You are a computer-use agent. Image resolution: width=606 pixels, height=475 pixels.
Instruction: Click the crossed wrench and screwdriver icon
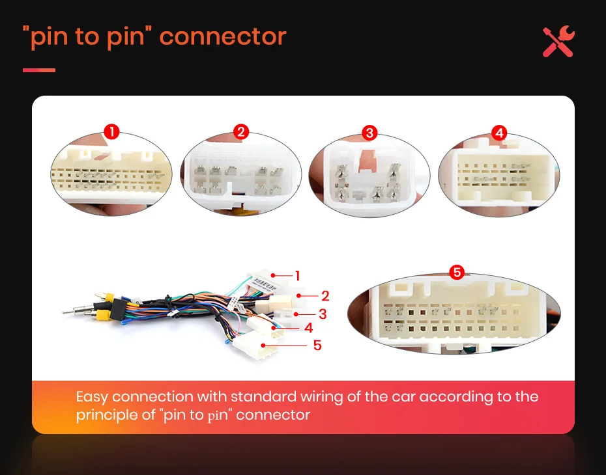[558, 42]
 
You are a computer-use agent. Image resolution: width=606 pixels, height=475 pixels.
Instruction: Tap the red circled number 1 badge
[112, 133]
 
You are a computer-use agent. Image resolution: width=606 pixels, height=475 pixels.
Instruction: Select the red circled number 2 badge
[241, 133]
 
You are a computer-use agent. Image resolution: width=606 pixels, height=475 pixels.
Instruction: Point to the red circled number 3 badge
[369, 133]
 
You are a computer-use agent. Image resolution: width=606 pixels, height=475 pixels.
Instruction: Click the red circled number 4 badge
[499, 133]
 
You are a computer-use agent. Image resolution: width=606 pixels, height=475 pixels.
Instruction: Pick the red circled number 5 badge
[457, 272]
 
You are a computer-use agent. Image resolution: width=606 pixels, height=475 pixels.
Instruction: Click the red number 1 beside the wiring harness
[298, 276]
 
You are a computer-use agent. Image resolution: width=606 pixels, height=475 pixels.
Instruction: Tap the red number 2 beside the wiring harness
[325, 296]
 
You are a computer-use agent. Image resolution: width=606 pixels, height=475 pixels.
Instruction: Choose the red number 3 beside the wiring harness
[321, 314]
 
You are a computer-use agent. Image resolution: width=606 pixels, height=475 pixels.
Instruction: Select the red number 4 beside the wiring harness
[309, 327]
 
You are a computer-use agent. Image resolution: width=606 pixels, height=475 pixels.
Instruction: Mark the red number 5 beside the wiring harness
[317, 345]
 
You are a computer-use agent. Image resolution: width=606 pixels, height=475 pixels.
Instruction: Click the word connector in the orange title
[223, 36]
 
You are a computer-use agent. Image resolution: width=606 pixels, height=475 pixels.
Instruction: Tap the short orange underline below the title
[39, 70]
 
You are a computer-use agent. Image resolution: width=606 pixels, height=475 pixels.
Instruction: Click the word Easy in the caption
[92, 397]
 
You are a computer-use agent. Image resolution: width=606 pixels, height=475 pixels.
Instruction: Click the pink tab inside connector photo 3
[368, 159]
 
